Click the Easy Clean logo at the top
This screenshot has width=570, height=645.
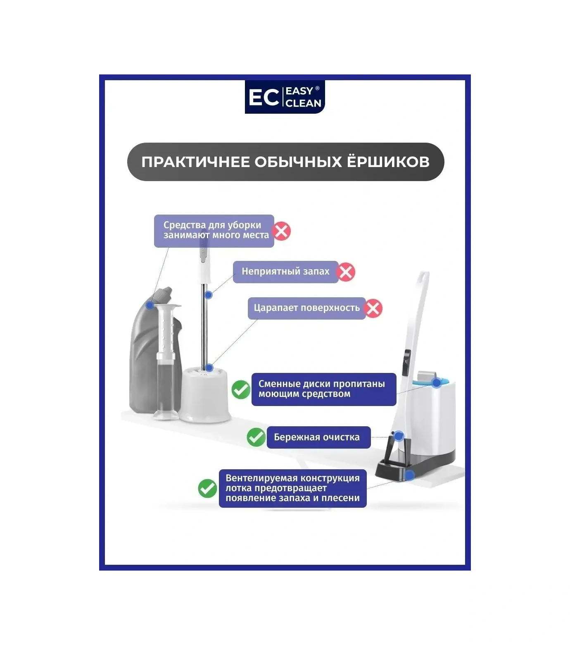(285, 97)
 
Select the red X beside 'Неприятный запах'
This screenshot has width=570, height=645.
(345, 272)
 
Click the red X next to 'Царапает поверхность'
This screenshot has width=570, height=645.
(373, 308)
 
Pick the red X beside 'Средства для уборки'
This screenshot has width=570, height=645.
(282, 231)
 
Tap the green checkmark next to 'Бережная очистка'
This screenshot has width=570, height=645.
(256, 437)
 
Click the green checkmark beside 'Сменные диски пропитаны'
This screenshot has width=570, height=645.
(241, 389)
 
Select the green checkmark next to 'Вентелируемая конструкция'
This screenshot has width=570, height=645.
(207, 488)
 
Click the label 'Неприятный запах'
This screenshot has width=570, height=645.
(285, 272)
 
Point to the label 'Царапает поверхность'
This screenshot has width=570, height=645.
(306, 308)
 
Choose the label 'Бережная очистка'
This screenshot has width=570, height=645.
(317, 437)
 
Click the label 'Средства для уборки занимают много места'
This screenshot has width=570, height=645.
(214, 231)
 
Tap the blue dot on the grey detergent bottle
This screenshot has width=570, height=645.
(150, 305)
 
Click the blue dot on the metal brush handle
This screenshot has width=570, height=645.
(209, 295)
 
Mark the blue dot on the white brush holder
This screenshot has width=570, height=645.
(209, 368)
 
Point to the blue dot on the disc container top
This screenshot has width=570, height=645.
(436, 383)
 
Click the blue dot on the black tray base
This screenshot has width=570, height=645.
(409, 475)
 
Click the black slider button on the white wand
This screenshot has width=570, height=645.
(406, 363)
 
